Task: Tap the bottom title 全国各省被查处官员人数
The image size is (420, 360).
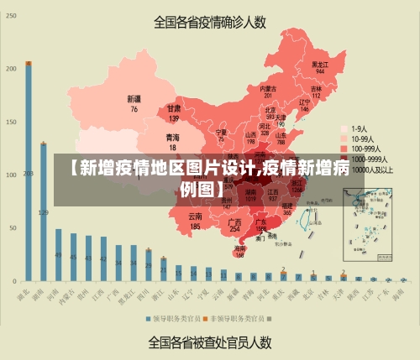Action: coord(209,342)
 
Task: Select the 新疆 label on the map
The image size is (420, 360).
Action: coord(134,103)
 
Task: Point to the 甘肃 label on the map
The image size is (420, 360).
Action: coord(174,113)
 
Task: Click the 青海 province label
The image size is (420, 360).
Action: coord(172,141)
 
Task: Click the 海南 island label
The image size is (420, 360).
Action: coord(240,251)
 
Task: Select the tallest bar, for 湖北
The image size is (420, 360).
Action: coord(29,171)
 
